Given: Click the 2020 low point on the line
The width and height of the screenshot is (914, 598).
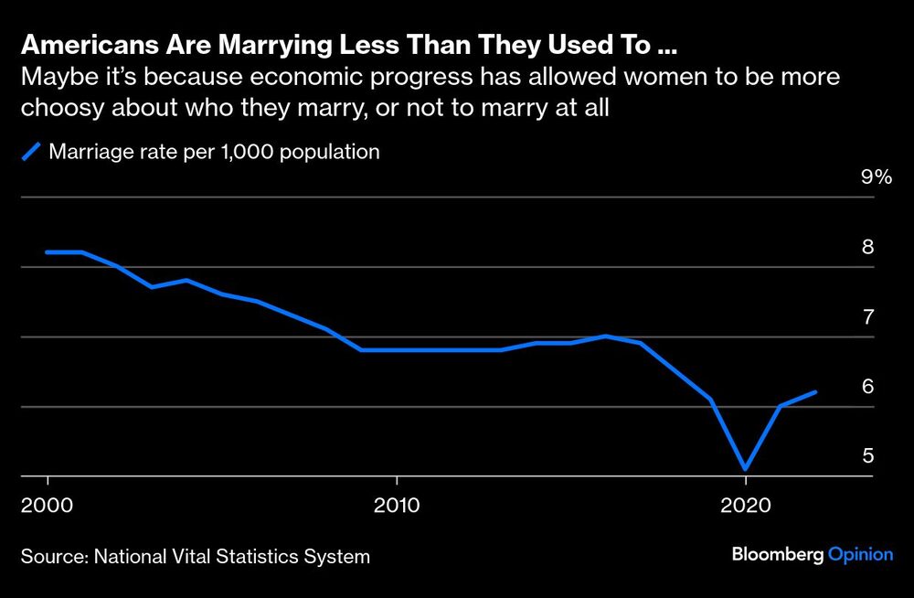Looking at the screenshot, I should tap(746, 468).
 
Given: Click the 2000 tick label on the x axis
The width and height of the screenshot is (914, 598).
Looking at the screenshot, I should tap(48, 505).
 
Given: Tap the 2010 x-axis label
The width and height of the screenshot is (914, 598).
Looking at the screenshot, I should tap(397, 505).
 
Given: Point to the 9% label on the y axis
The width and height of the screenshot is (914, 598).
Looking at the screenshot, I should tap(876, 177).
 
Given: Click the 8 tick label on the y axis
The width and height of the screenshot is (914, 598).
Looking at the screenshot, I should tap(868, 247).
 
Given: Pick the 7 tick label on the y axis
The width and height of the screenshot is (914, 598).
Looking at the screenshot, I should tap(868, 317).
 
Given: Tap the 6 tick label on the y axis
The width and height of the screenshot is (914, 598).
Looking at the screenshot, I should tap(868, 387).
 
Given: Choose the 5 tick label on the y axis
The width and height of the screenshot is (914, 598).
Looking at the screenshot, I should tap(868, 456).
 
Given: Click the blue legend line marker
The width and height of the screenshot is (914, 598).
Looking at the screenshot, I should tap(33, 152).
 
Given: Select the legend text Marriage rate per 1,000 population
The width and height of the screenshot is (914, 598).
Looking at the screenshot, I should tap(214, 152).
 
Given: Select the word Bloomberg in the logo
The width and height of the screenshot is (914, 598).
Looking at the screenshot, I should tap(778, 554).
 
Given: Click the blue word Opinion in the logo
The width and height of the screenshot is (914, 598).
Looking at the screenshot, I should tap(860, 554).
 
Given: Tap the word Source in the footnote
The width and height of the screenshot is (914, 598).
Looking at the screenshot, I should tap(48, 555).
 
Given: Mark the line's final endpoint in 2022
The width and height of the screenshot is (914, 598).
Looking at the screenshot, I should tap(815, 392).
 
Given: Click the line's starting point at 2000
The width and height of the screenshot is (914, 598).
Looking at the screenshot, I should tap(48, 251).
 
